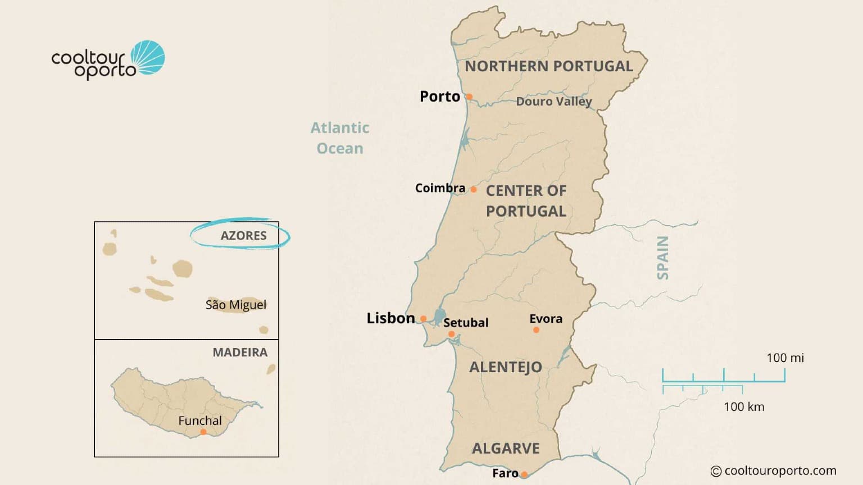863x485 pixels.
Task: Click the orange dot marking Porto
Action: tap(469, 97)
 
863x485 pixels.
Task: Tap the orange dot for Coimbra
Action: tap(474, 190)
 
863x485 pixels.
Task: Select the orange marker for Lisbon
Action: tap(424, 319)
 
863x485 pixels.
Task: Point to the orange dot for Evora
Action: tap(536, 330)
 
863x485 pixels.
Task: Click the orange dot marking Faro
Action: tap(524, 474)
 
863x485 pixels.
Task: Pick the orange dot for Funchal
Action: tap(203, 432)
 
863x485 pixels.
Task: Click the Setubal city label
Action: tap(466, 323)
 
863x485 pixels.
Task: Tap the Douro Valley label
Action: tap(554, 102)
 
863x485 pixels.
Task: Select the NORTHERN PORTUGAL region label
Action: tap(549, 66)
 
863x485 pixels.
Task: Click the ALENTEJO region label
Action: tap(506, 367)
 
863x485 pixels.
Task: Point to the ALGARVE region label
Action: tap(506, 449)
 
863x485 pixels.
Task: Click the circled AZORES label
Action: tap(243, 236)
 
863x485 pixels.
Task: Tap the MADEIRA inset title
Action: tap(240, 353)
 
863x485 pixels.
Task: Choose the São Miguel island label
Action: tap(236, 305)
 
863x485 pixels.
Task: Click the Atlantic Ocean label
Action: tap(340, 138)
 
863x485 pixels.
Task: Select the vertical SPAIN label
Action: tap(663, 258)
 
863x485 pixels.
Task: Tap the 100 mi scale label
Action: tap(785, 358)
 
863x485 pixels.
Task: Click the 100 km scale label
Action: tap(744, 407)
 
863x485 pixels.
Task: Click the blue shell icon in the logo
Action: tap(148, 57)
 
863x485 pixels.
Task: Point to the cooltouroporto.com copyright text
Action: tap(774, 471)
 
